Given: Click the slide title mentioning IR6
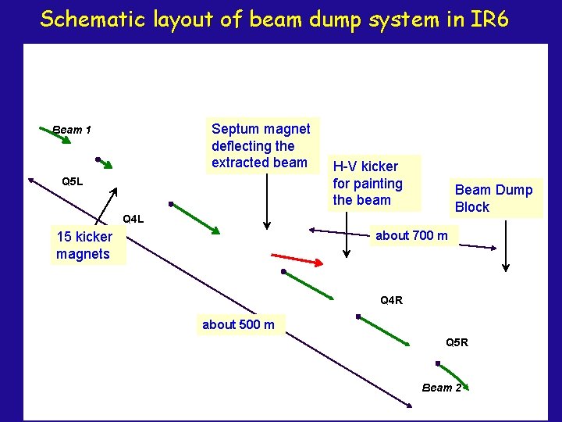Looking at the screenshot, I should [274, 20].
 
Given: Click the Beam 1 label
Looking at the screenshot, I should [72, 130].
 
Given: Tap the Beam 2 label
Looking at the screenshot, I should [442, 388].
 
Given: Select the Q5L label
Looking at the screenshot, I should [72, 182].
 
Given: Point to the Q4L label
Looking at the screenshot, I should [133, 219].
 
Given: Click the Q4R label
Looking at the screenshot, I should [391, 300].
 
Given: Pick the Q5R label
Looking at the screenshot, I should [457, 342].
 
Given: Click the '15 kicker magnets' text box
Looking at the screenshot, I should [84, 245].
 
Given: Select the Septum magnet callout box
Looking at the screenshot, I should [261, 145].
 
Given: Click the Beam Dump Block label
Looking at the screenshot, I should [493, 198].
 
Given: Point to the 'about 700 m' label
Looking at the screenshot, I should [411, 235].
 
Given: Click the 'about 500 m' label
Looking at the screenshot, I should [238, 324].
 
